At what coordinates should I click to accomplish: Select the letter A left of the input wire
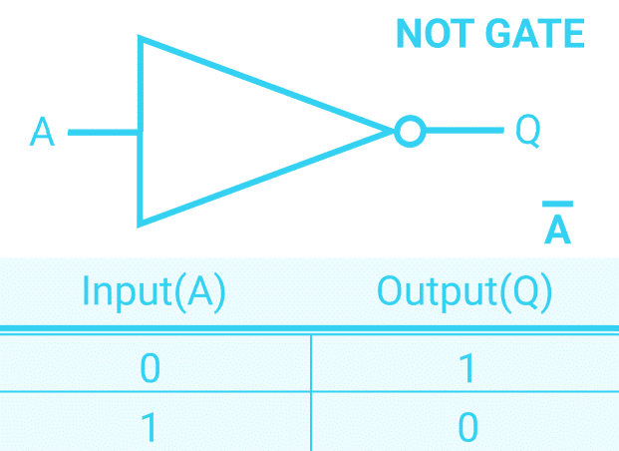click(42, 132)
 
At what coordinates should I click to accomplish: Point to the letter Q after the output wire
click(527, 132)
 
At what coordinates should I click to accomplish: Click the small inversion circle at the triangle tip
click(409, 131)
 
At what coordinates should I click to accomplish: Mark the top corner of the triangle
click(142, 40)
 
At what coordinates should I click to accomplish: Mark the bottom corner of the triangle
click(142, 222)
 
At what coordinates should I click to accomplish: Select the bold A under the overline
click(557, 230)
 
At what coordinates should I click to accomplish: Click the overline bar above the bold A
click(557, 206)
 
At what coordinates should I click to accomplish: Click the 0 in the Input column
click(150, 368)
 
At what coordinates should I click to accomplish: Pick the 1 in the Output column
click(467, 368)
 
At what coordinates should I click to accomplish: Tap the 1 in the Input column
click(150, 426)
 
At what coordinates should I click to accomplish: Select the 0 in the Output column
click(467, 426)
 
